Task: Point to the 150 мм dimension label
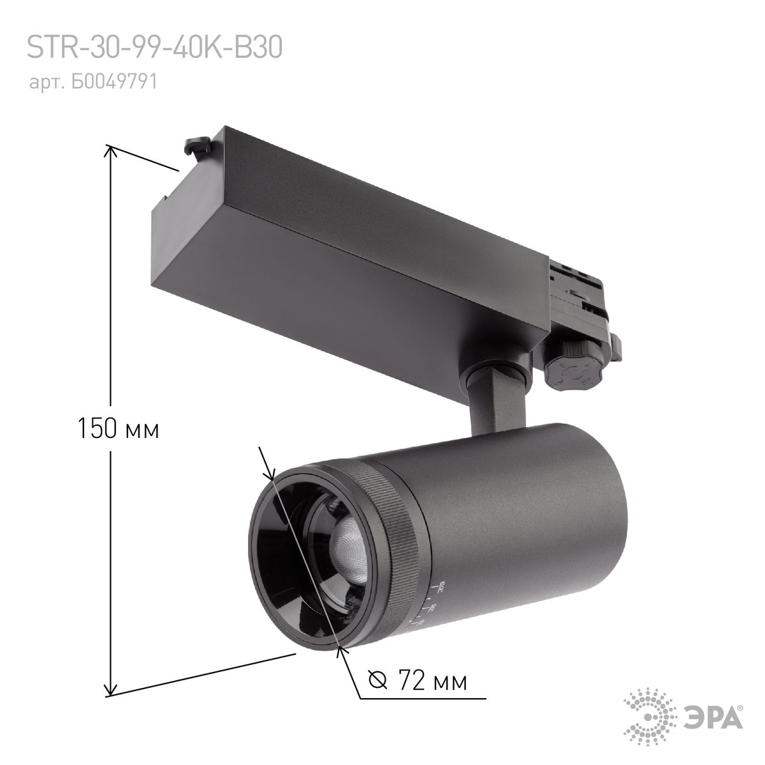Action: (118, 428)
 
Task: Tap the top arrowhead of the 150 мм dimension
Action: (111, 150)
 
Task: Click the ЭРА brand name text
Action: (716, 720)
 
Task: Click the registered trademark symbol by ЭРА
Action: (739, 707)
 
